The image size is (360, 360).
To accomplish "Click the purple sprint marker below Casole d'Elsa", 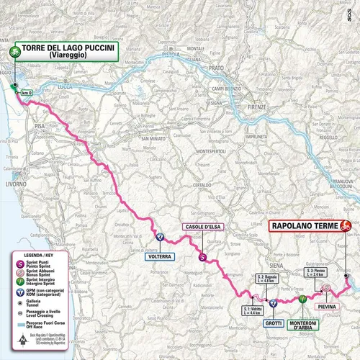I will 202,256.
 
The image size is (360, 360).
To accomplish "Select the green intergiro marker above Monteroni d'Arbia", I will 303,297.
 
